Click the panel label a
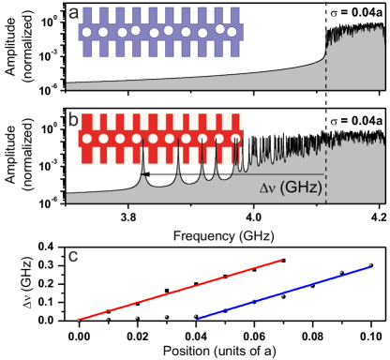(73, 13)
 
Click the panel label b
(73, 120)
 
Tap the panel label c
(73, 255)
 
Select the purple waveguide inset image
(160, 32)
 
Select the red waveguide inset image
(160, 139)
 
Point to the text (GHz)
(303, 187)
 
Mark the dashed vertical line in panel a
(325, 66)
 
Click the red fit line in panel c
(178, 290)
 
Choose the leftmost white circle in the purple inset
(86, 32)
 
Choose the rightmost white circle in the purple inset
(233, 32)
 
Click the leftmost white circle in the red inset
(86, 139)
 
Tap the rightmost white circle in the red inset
(233, 139)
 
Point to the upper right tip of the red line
(281, 260)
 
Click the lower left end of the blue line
(196, 317)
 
